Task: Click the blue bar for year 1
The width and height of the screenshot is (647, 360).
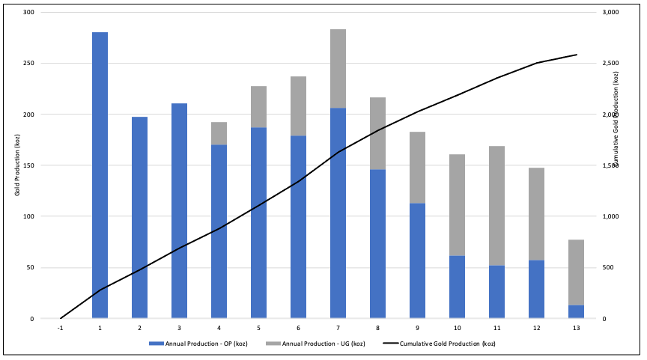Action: pos(100,175)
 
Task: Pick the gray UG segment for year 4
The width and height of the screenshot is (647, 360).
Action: pos(219,133)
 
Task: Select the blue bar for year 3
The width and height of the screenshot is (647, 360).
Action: pos(179,211)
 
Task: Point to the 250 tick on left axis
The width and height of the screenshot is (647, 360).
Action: pos(28,64)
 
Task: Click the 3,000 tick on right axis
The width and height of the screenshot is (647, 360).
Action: pos(611,13)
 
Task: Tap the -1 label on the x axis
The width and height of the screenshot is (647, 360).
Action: pos(60,328)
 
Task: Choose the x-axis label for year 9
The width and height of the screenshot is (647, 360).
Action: pos(417,328)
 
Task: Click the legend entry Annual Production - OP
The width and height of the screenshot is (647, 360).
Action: pos(200,344)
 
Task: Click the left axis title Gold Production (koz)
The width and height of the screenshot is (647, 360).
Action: pos(16,165)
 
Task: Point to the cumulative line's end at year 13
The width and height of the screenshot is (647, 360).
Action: pos(576,55)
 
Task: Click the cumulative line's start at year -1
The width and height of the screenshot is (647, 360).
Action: pos(60,318)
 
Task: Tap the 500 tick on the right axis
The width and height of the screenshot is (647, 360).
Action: pos(608,268)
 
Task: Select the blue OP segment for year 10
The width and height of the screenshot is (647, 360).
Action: pos(457,287)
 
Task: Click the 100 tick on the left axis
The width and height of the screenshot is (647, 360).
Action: pos(28,216)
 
